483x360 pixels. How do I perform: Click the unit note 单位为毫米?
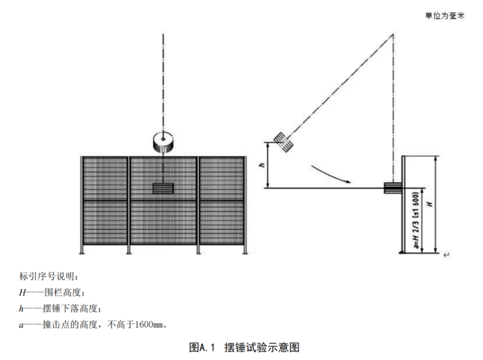tap(444, 16)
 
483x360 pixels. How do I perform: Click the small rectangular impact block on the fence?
tap(163, 188)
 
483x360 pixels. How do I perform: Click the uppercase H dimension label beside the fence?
tap(428, 204)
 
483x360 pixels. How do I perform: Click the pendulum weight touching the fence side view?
tap(392, 187)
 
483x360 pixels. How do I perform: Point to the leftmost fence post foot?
tap(83, 252)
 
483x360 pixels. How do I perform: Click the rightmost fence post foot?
tap(244, 252)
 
